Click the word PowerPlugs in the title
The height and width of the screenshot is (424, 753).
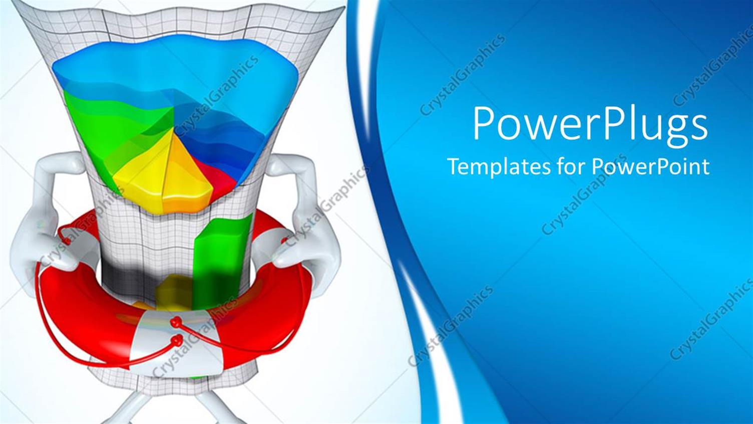click(590, 125)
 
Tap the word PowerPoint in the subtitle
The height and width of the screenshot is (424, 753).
click(650, 166)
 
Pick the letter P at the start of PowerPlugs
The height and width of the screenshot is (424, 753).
click(485, 125)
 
